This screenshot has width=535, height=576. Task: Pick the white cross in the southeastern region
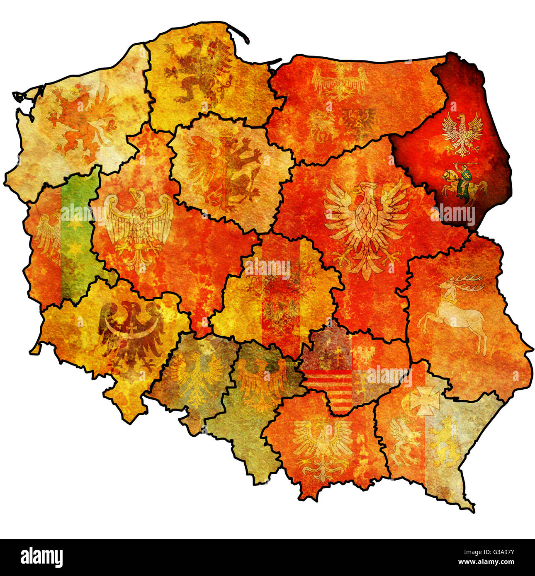tap(425, 400)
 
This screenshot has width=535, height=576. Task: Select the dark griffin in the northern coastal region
tap(199, 68)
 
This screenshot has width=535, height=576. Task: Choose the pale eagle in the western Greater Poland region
tap(139, 228)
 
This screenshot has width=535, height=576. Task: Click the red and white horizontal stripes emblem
tap(330, 385)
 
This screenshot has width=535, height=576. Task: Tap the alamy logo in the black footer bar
tap(41, 557)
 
